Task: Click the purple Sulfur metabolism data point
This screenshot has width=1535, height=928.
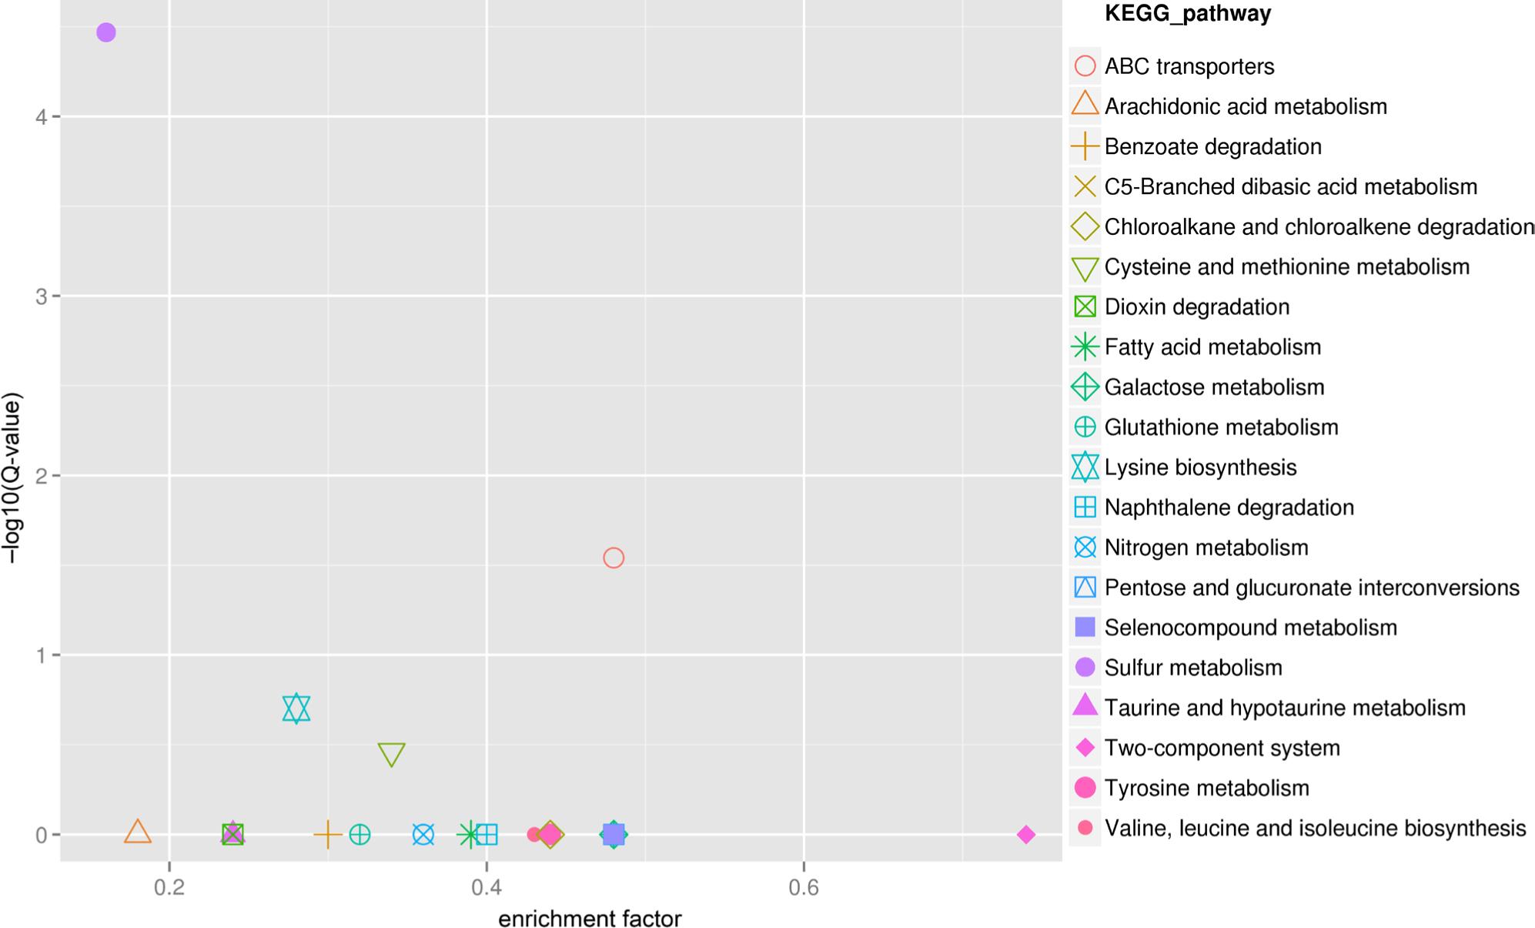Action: click(x=106, y=32)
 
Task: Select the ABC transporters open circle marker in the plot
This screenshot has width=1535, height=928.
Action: click(x=613, y=558)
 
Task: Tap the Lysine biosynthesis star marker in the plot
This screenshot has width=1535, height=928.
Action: click(x=296, y=709)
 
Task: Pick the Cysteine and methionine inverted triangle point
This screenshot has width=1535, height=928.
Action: click(x=392, y=754)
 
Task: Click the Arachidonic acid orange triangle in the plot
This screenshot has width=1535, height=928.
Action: click(x=138, y=832)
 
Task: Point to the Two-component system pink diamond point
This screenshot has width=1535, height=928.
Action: click(x=1025, y=835)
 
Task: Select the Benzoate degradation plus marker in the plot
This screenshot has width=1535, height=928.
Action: click(x=328, y=835)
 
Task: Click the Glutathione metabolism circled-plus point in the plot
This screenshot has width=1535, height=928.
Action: click(x=360, y=835)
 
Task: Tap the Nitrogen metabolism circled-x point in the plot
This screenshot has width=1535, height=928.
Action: click(x=423, y=835)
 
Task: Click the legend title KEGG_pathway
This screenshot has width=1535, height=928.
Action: click(x=1187, y=14)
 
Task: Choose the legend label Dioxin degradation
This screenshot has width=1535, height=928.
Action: click(x=1196, y=307)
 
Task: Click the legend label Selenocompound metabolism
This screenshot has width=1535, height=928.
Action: click(x=1250, y=628)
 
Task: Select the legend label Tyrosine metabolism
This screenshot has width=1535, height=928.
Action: click(x=1206, y=788)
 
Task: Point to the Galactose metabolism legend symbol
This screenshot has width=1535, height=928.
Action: click(x=1085, y=387)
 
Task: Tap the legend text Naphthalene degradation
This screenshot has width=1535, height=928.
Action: click(x=1229, y=508)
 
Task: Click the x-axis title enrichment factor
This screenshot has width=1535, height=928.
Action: click(x=590, y=919)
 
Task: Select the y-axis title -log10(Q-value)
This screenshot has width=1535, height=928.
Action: click(x=12, y=477)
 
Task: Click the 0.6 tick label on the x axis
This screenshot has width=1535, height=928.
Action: click(x=803, y=889)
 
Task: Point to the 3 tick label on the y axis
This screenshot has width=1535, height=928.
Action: click(x=41, y=296)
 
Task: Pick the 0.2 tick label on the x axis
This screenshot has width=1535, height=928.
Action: click(x=169, y=889)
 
